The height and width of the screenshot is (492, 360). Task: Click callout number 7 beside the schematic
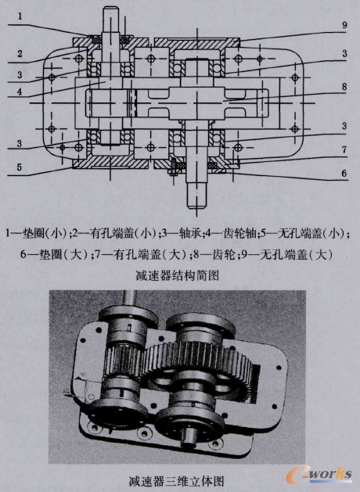tap(333, 149)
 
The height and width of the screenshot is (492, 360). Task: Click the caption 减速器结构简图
tap(181, 275)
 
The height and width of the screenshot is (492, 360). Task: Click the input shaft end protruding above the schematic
tap(109, 20)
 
